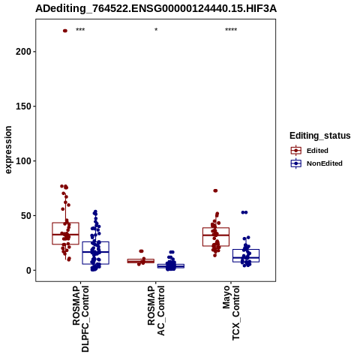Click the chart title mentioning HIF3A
tap(156, 9)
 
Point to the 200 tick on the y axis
tap(23, 52)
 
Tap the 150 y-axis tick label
tap(23, 106)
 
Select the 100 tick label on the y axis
tap(23, 161)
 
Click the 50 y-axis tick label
tap(26, 216)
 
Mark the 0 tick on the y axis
tap(29, 271)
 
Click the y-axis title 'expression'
tap(8, 150)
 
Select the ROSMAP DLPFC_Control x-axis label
tap(80, 319)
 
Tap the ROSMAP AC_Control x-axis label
tap(156, 310)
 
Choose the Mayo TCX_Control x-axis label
tap(231, 313)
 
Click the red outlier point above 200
tap(65, 31)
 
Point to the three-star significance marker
tap(80, 30)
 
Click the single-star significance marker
tap(156, 30)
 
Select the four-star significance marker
tap(231, 30)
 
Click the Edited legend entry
tap(309, 151)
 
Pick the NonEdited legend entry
tap(316, 163)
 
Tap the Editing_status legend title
tap(320, 136)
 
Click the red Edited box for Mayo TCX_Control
tap(216, 237)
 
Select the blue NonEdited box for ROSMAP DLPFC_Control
tap(96, 253)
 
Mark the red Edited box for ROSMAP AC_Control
tap(141, 261)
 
